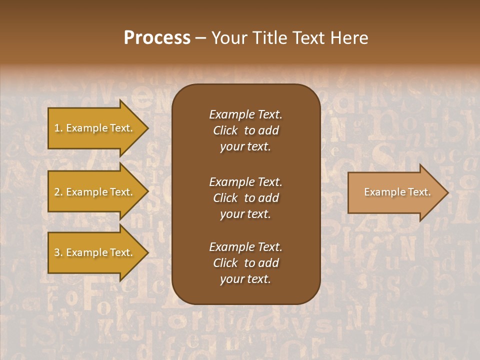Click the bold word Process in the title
click(157, 38)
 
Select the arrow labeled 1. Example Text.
click(95, 128)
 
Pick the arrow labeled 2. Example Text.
click(95, 192)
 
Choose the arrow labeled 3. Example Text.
click(95, 252)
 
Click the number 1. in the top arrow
click(58, 128)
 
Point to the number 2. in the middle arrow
click(58, 192)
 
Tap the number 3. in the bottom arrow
click(58, 252)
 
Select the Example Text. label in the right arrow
click(397, 192)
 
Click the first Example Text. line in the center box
click(245, 114)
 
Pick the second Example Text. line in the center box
click(245, 181)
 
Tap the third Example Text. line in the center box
click(245, 247)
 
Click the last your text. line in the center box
click(245, 279)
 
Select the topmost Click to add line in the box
click(245, 130)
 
